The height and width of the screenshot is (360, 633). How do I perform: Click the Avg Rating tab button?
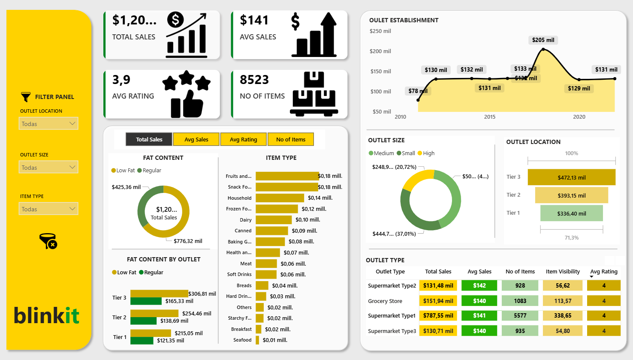click(243, 139)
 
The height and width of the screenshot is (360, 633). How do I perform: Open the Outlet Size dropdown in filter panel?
click(48, 167)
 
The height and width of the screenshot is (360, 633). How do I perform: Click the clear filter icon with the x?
click(48, 241)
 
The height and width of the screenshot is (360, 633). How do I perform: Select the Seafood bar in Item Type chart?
click(257, 340)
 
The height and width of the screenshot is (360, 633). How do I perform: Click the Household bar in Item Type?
click(280, 198)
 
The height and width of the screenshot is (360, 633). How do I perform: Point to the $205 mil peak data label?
click(543, 40)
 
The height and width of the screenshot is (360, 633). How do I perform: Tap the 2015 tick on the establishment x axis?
click(490, 117)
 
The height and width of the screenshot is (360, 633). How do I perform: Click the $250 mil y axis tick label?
click(380, 31)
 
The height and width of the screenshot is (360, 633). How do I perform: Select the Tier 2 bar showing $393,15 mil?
click(571, 195)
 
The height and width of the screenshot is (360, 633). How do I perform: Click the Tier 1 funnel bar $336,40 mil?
click(571, 213)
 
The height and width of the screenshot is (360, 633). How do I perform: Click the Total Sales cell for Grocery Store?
click(438, 301)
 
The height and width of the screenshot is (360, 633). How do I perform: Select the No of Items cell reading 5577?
click(520, 315)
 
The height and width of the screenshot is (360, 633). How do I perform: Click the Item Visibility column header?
click(563, 271)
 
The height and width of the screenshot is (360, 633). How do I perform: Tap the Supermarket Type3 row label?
click(392, 331)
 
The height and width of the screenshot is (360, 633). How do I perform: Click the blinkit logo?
click(47, 316)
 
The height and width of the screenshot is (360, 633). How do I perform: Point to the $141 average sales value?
click(254, 20)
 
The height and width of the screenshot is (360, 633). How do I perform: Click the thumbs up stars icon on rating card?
click(187, 94)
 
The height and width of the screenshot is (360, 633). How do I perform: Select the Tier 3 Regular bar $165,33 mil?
click(146, 301)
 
